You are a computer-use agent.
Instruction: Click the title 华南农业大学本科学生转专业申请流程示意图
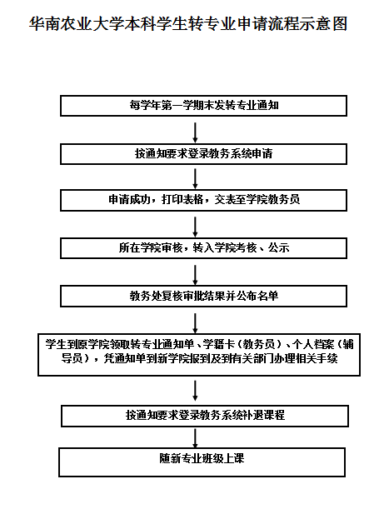[x=188, y=23]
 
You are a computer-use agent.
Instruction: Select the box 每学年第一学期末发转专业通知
[x=203, y=106]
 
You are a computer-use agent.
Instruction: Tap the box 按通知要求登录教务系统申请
[x=203, y=154]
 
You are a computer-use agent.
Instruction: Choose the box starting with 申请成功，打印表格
[x=203, y=200]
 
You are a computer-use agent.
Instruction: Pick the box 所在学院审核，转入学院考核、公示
[x=203, y=248]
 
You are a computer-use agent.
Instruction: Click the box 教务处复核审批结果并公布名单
[x=203, y=296]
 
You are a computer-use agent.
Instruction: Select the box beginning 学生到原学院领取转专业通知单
[x=199, y=355]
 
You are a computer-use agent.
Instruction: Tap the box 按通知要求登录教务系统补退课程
[x=205, y=416]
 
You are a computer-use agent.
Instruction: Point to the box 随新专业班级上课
[x=202, y=462]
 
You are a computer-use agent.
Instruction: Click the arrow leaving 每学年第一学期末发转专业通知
[x=195, y=132]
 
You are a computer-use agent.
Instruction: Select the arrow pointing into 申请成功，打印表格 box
[x=195, y=179]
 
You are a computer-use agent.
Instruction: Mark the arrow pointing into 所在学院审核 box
[x=195, y=227]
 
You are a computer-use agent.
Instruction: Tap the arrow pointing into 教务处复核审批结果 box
[x=195, y=275]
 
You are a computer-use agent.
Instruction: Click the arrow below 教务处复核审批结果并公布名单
[x=195, y=323]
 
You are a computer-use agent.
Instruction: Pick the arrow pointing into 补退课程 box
[x=195, y=391]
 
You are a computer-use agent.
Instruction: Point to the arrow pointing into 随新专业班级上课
[x=195, y=438]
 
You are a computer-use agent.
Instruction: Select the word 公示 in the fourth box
[x=278, y=248]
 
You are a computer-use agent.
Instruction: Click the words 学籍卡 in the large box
[x=218, y=344]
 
